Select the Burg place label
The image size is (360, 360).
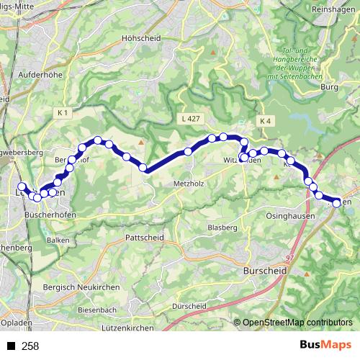pos(329,87)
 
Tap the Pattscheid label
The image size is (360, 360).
pos(144,237)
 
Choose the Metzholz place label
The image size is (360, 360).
pos(190,184)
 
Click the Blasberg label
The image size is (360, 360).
pos(221,227)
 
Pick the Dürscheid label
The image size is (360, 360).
pos(187,305)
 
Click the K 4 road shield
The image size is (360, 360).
pos(266,121)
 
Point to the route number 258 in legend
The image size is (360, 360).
pos(30,346)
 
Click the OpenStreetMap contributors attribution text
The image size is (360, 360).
pos(297,322)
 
